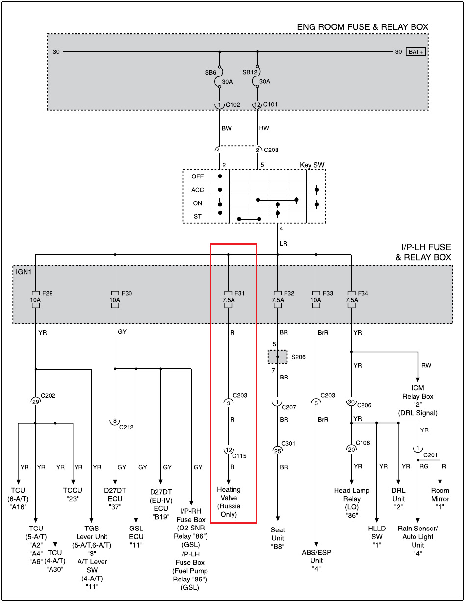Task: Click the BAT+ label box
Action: coord(415,52)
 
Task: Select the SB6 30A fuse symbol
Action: coord(219,78)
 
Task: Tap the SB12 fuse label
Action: coord(249,72)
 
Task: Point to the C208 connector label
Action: coord(272,150)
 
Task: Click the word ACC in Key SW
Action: coord(197,190)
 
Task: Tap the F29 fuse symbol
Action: coord(35,299)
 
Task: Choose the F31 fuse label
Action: coord(240,293)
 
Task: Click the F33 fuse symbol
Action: coord(316,299)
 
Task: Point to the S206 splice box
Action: coord(278,357)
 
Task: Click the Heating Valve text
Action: coord(229,502)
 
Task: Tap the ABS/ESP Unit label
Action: coord(316,560)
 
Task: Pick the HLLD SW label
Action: coord(377,532)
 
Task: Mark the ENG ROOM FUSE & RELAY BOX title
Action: coord(362,27)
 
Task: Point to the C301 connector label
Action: coord(289,443)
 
